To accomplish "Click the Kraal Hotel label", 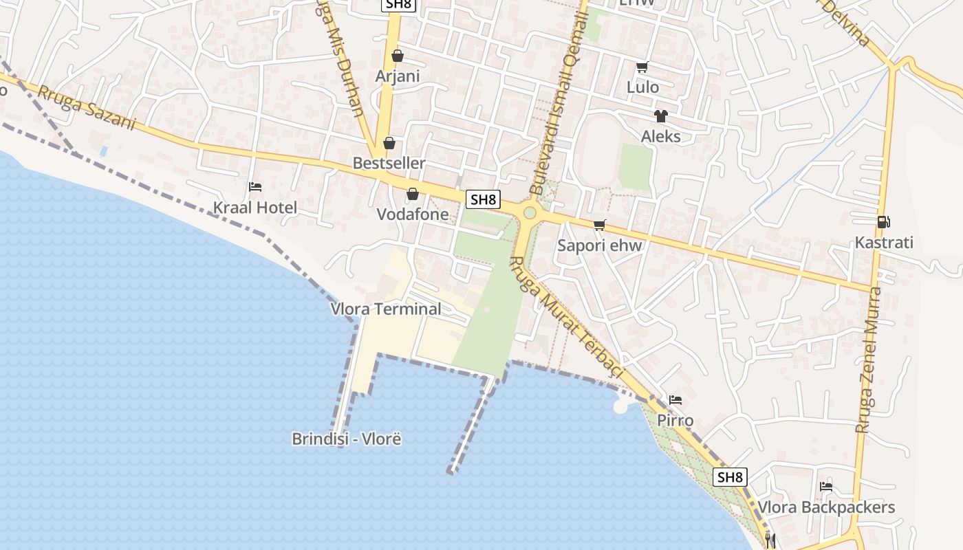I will [x=255, y=208].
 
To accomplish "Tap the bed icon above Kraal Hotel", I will [x=255, y=186].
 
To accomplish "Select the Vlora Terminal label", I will [x=386, y=309].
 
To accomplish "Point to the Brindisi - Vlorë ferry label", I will [x=346, y=439].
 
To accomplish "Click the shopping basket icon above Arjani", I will [x=397, y=56].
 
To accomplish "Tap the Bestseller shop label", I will [x=389, y=164].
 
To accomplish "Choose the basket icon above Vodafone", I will [x=413, y=194].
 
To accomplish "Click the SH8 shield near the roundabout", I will [x=483, y=200].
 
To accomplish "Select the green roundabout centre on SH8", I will [x=530, y=212].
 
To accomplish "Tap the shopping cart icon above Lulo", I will [x=642, y=67].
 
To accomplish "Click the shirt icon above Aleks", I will [x=660, y=115].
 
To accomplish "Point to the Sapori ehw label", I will [x=599, y=245].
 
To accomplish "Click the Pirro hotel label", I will [x=675, y=420].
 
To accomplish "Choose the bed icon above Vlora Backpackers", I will [x=826, y=486].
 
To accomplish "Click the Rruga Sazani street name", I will [x=86, y=108].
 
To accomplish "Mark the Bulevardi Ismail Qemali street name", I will [x=559, y=96].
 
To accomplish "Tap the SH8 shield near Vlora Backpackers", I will [x=730, y=477].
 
